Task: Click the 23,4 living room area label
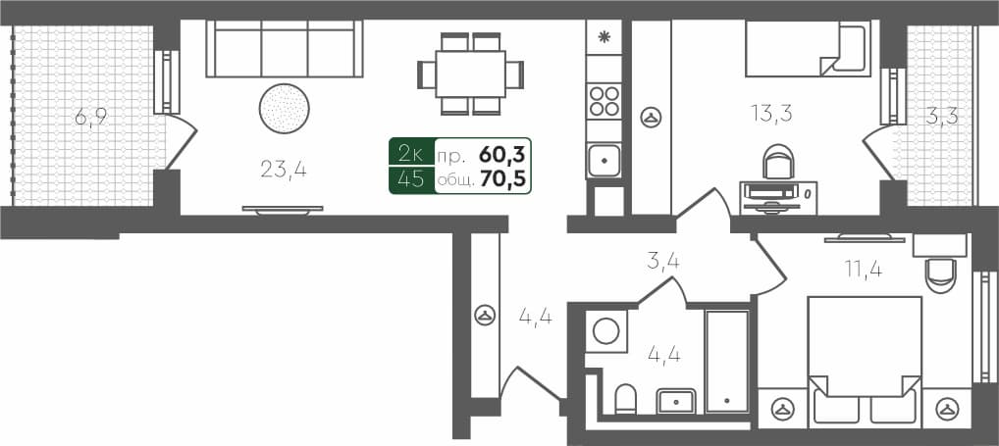[x=284, y=170]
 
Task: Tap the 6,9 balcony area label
[x=90, y=119]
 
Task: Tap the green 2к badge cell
[x=411, y=153]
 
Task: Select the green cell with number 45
[x=411, y=179]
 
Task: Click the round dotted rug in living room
[x=285, y=107]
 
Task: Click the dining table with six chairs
[x=471, y=74]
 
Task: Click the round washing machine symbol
[x=607, y=330]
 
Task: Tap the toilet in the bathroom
[x=625, y=399]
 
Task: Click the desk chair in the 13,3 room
[x=776, y=161]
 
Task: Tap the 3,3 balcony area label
[x=942, y=116]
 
